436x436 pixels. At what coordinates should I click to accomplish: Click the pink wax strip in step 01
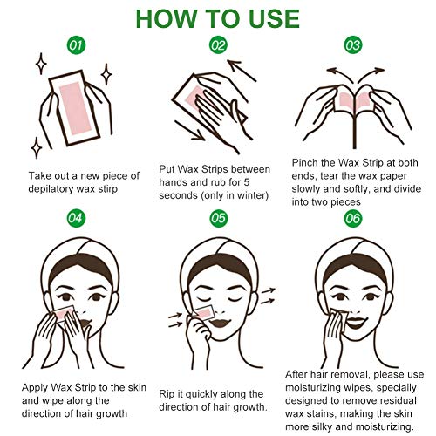tap(76, 110)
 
